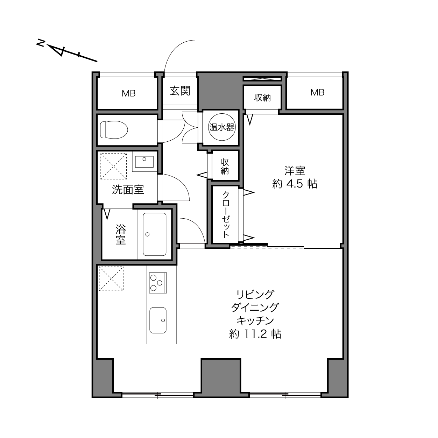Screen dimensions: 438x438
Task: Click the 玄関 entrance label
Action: (x=179, y=91)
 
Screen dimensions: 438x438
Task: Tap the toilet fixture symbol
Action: (x=114, y=129)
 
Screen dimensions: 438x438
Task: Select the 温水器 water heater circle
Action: (x=221, y=127)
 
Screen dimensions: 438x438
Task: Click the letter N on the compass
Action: (x=41, y=43)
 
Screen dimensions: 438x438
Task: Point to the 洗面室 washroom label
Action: (x=128, y=189)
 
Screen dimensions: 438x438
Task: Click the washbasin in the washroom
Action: (x=144, y=162)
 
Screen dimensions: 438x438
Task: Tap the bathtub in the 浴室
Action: (x=154, y=234)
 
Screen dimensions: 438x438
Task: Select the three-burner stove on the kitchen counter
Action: (x=158, y=283)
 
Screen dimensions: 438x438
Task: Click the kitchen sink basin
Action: (x=158, y=320)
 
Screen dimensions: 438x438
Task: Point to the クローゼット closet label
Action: (x=226, y=214)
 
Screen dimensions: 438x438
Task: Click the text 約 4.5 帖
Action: (x=295, y=184)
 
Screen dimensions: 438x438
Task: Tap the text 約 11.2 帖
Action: (x=255, y=334)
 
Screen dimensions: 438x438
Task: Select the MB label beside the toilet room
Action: (x=129, y=93)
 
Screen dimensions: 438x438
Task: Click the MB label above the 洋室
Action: (x=317, y=92)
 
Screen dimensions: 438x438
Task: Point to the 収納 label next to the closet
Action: (x=225, y=167)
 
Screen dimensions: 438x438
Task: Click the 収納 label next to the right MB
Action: (x=262, y=98)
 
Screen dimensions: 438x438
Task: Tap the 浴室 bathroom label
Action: (x=120, y=234)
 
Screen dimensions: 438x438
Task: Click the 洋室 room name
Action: (x=295, y=171)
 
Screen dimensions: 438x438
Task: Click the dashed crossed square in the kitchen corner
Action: (x=111, y=279)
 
